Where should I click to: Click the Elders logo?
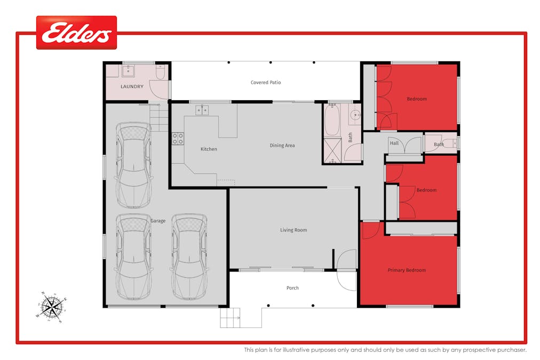pyautogui.click(x=76, y=33)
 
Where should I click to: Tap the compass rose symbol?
pyautogui.click(x=52, y=307)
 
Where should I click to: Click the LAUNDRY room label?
pyautogui.click(x=132, y=86)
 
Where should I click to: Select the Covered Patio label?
pyautogui.click(x=266, y=83)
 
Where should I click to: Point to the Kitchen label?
pyautogui.click(x=209, y=149)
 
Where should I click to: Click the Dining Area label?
pyautogui.click(x=282, y=146)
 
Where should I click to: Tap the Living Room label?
pyautogui.click(x=293, y=230)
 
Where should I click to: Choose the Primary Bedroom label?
pyautogui.click(x=407, y=270)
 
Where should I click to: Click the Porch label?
pyautogui.click(x=292, y=288)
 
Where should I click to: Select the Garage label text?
pyautogui.click(x=157, y=221)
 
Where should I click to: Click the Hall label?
pyautogui.click(x=394, y=143)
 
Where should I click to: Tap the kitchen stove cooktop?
pyautogui.click(x=178, y=139)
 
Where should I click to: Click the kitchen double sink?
pyautogui.click(x=202, y=110)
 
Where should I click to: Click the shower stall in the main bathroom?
pyautogui.click(x=332, y=150)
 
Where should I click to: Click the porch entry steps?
pyautogui.click(x=231, y=318)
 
